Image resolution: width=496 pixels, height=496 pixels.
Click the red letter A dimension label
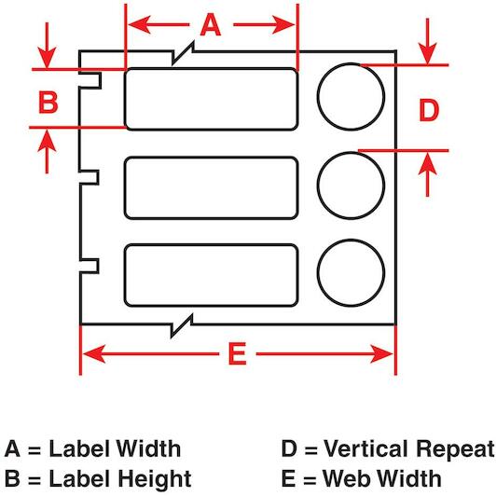click(211, 25)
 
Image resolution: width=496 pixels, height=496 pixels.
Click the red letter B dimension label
click(48, 102)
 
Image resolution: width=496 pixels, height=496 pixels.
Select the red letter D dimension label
click(429, 110)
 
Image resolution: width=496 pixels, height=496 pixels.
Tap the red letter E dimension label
click(238, 353)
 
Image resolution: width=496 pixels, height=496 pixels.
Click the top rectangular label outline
click(211, 68)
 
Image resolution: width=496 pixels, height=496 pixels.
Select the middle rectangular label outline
click(211, 158)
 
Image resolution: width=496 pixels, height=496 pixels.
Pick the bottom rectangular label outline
click(211, 245)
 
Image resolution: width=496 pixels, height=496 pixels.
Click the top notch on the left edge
click(101, 80)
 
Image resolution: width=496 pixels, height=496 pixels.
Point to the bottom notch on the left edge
click(98, 266)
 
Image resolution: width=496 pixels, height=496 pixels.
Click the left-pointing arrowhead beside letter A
click(140, 24)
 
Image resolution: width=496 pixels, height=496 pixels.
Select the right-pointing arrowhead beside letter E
click(382, 353)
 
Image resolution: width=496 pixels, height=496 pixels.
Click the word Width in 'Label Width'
click(148, 448)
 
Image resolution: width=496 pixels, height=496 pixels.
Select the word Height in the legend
click(155, 479)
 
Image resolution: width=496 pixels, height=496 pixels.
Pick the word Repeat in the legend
click(456, 450)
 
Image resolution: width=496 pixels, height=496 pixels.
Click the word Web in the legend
click(344, 478)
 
